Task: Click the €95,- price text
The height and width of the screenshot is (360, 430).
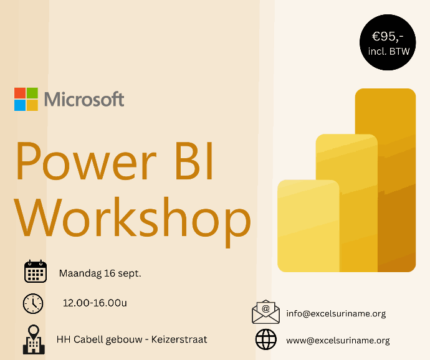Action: [388, 37]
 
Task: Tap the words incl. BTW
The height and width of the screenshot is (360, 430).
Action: [389, 51]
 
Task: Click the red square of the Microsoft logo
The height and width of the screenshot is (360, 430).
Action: [20, 93]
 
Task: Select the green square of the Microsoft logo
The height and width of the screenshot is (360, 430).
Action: [32, 93]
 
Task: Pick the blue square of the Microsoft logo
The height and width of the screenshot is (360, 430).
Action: [20, 105]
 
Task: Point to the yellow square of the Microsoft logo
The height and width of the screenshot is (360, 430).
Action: [32, 105]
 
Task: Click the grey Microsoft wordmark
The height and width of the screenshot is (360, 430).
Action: [84, 99]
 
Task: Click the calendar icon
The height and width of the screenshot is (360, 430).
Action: [36, 272]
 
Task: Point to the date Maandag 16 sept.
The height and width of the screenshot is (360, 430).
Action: [100, 273]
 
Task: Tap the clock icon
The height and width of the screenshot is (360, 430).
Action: [33, 303]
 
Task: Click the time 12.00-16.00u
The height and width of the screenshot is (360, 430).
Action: [95, 303]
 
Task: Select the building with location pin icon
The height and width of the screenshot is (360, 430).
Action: [34, 339]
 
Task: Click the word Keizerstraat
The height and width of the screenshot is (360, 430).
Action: [179, 339]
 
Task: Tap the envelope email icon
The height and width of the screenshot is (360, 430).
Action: [265, 312]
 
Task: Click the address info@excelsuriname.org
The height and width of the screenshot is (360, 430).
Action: [336, 313]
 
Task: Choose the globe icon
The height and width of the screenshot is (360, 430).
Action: [266, 339]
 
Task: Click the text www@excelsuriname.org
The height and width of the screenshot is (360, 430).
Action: [338, 340]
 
